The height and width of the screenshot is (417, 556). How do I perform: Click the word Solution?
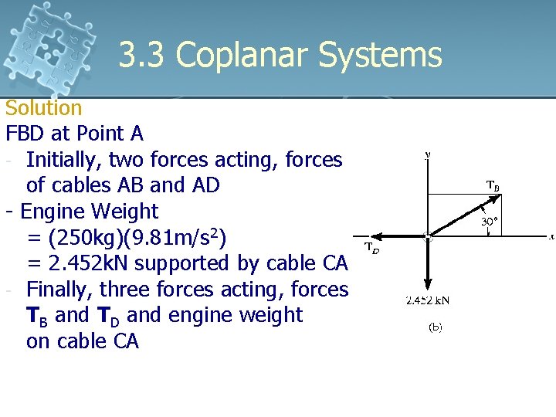(x=43, y=108)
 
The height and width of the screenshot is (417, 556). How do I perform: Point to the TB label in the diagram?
(x=492, y=185)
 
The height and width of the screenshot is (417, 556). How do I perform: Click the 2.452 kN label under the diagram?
(x=428, y=300)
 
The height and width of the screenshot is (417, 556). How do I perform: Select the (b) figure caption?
(x=435, y=327)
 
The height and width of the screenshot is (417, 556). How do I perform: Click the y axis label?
(x=428, y=154)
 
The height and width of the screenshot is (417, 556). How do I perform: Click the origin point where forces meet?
(x=428, y=236)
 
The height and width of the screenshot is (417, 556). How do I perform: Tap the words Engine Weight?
(x=89, y=211)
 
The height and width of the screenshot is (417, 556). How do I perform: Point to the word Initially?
(x=64, y=160)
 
